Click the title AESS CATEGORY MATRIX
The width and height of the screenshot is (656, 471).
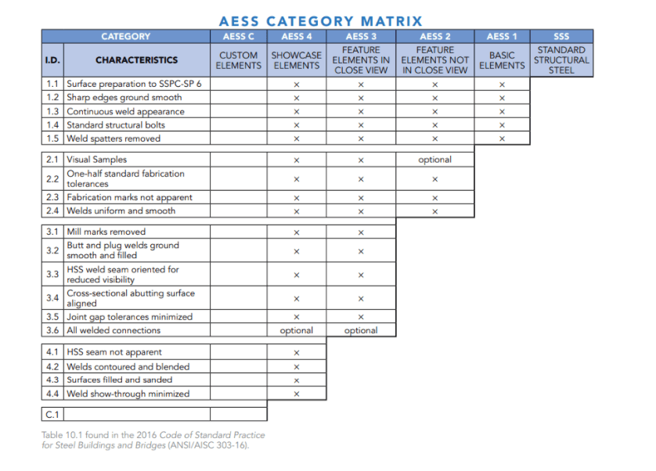(x=320, y=21)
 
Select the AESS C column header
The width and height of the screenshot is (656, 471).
(x=239, y=36)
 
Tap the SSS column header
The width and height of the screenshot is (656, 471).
(x=561, y=36)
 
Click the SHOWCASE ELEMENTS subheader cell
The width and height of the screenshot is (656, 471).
(x=296, y=60)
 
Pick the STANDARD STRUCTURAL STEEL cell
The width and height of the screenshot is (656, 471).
(x=561, y=60)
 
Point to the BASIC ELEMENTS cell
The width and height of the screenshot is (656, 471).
(x=502, y=60)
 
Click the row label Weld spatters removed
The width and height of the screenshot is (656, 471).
(x=114, y=138)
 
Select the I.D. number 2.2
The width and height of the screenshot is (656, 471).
(x=52, y=178)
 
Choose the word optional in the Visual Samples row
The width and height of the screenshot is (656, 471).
(x=434, y=160)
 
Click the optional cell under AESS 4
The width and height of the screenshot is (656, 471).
(x=296, y=330)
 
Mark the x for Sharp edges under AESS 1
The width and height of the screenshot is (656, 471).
(x=502, y=98)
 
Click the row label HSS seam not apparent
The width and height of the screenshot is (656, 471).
(x=114, y=352)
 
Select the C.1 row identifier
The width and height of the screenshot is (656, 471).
(x=52, y=412)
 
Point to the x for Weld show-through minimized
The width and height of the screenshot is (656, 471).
(x=296, y=394)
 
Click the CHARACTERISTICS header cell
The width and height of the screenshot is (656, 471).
(x=136, y=60)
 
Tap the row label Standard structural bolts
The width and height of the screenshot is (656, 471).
(x=116, y=125)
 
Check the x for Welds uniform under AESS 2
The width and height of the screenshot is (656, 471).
(x=434, y=211)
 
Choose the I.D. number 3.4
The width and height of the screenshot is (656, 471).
(x=52, y=298)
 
